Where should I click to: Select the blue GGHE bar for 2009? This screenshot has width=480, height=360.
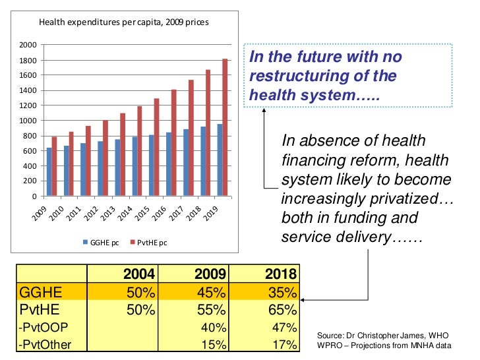tap(49, 172)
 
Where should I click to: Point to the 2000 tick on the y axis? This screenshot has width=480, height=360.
tap(27, 45)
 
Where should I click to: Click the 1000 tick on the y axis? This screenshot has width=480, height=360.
tap(27, 121)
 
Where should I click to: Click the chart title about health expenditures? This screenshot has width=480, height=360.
tap(124, 22)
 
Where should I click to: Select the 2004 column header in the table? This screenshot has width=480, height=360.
tap(138, 274)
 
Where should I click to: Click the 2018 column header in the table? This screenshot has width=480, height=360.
tap(280, 274)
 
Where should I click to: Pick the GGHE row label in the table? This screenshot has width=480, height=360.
tap(40, 292)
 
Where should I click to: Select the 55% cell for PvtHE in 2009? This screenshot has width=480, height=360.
tap(212, 310)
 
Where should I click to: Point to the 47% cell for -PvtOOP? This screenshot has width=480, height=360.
tap(282, 327)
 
